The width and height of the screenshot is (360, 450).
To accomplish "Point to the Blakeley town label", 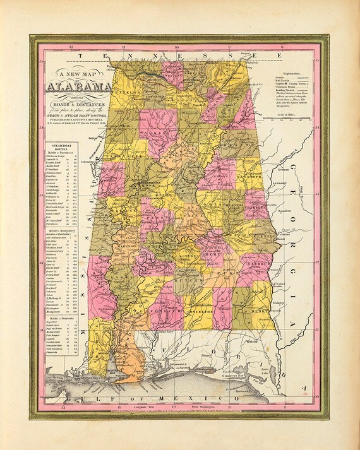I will coord(278,302).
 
